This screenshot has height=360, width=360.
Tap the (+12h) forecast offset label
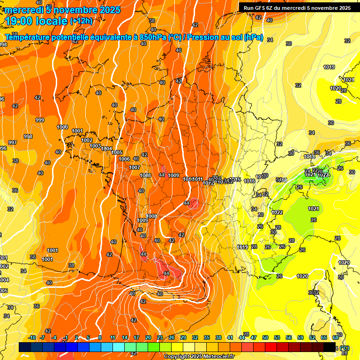point(81,21)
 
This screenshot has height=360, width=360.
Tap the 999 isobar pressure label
point(40,120)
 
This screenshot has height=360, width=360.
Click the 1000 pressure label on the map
point(62,127)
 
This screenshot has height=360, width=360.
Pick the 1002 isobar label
point(87,140)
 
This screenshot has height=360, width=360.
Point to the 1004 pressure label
point(107,149)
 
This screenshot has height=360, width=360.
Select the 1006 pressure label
point(124,159)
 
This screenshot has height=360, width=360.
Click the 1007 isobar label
point(135,167)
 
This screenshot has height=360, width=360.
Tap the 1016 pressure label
point(249,181)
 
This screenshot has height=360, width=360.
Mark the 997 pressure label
point(13,142)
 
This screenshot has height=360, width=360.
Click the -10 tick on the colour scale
point(32,337)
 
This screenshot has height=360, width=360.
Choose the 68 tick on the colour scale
point(336,337)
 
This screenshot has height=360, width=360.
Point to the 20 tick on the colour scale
point(148,337)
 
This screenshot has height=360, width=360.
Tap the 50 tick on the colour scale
point(265,337)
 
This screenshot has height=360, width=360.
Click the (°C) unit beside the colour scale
point(345,348)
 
